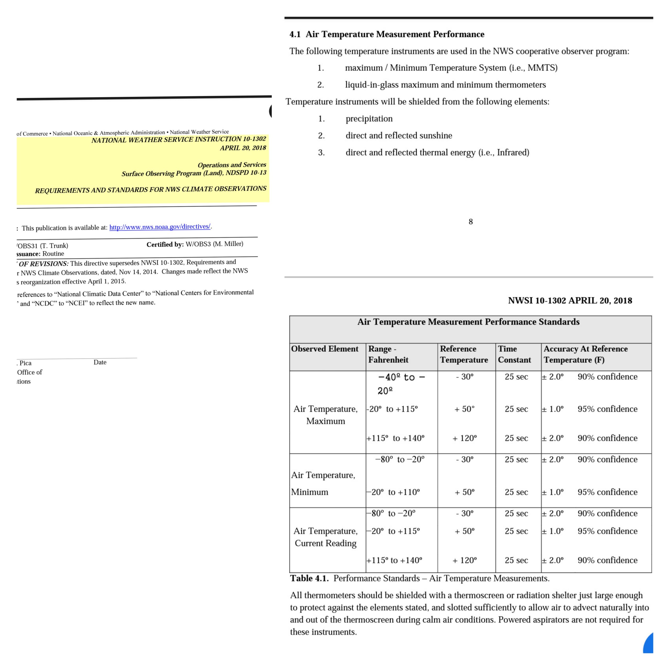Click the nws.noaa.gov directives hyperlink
[x=160, y=227]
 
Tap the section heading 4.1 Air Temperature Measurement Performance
[x=387, y=34]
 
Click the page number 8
[x=471, y=222]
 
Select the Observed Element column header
[x=325, y=349]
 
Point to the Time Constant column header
[x=514, y=354]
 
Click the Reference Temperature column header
[x=464, y=354]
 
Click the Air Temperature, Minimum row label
[x=323, y=483]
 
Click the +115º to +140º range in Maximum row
[x=395, y=438]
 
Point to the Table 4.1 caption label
[x=309, y=578]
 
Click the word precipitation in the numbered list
[x=369, y=119]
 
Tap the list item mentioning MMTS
[x=451, y=68]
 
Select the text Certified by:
[x=165, y=244]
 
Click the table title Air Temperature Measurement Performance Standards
[x=468, y=322]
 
